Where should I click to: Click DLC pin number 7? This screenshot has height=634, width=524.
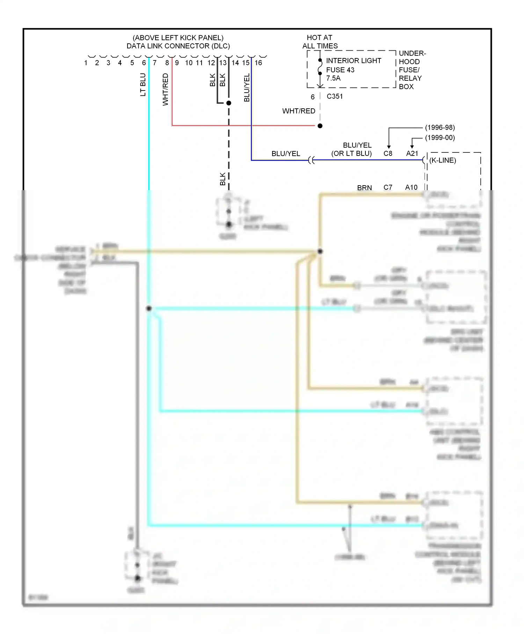coord(154,63)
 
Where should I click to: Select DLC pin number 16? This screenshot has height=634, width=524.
coord(258,63)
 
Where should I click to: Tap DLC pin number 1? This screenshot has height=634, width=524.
coord(86,63)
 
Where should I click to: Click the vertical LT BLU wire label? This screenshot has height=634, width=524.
coord(143,85)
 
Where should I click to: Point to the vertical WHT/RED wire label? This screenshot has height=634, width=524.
coord(166,89)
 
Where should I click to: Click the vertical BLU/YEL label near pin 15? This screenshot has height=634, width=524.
coord(247,87)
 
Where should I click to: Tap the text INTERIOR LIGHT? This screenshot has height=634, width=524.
coord(353,61)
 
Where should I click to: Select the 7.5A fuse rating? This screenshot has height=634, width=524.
coord(333,78)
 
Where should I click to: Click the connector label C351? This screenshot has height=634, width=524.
coord(334,96)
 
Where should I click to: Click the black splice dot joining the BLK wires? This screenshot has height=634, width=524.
coord(229,103)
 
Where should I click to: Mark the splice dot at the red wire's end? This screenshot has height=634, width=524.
coord(320,126)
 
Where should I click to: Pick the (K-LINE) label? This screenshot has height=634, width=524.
coord(443,160)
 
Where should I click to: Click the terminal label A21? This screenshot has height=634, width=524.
coord(412,153)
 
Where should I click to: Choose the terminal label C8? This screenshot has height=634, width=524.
coord(388,153)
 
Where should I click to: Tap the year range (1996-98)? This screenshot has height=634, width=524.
coord(440,128)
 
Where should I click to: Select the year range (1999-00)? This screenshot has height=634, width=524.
coord(440,138)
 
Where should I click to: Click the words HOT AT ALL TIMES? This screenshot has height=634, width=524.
coord(320,42)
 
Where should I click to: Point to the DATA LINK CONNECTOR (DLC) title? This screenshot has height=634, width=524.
coord(178,46)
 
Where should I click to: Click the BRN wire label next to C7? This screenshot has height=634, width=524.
coord(364,188)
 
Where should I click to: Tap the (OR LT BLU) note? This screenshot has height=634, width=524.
coord(351,153)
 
